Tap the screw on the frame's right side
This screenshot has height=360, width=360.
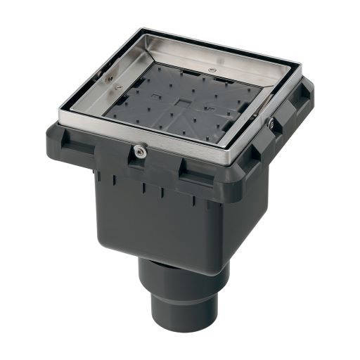[x=271, y=123]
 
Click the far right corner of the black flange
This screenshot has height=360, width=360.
[x=309, y=88]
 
